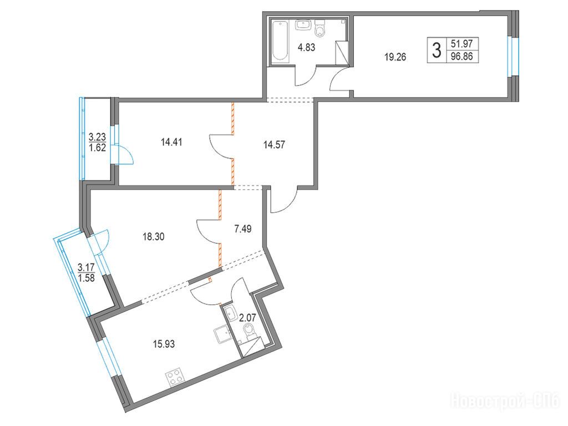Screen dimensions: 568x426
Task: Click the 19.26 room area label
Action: coord(395,57)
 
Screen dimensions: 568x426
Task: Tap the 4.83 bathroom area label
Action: coord(306,48)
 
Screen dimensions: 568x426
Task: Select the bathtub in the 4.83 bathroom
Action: coord(281,40)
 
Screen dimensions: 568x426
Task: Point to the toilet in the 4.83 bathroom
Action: coord(320,28)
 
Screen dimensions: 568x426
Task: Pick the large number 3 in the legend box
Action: coord(437,50)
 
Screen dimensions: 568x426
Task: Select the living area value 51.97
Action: coord(462,44)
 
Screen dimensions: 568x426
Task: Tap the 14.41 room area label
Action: coord(171,142)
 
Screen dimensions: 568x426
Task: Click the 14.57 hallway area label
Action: coord(274,145)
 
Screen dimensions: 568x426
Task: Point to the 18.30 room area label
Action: coord(154,237)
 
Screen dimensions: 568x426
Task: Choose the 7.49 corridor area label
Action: coord(243,229)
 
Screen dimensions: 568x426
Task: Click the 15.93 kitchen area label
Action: coord(164,343)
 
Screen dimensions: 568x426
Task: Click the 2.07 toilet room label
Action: coord(247,318)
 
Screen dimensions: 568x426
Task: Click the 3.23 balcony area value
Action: coord(97,136)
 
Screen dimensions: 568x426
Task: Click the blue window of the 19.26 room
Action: coord(513,56)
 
